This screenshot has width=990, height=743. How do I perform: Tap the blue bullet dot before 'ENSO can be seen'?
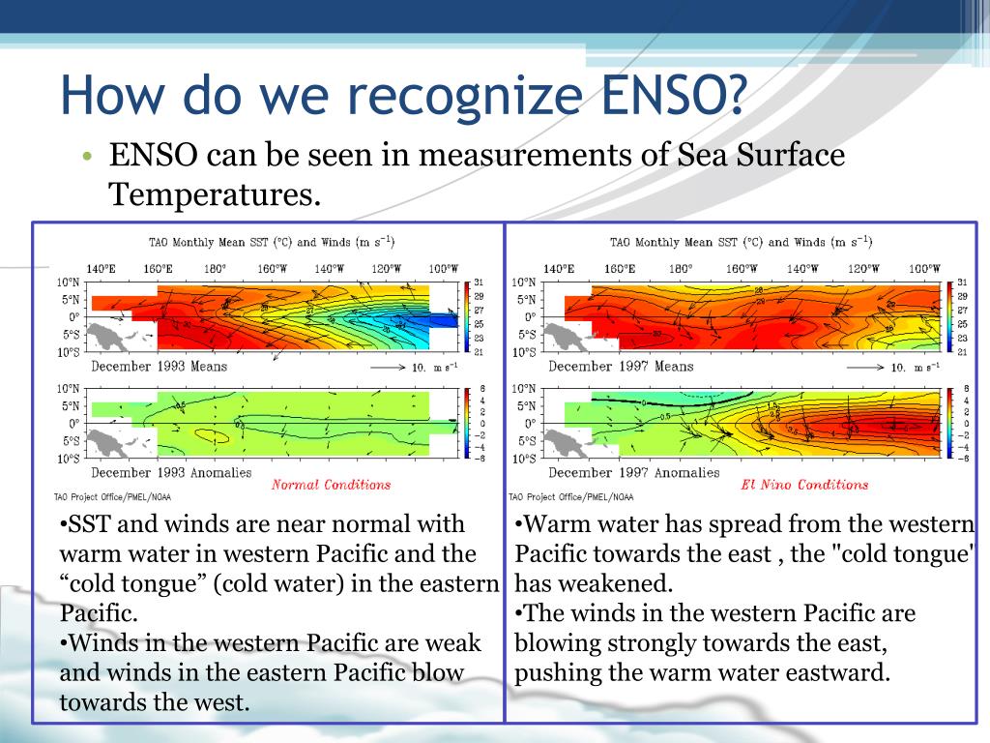[x=87, y=157]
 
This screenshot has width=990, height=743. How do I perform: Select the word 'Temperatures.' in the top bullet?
[x=214, y=194]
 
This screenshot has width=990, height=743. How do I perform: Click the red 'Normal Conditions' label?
[x=331, y=485]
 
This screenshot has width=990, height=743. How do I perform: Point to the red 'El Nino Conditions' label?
[x=804, y=485]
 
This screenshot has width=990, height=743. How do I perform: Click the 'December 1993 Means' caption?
[x=160, y=367]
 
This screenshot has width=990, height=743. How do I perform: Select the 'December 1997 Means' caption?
[x=621, y=367]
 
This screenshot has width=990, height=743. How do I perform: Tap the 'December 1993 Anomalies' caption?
[x=171, y=473]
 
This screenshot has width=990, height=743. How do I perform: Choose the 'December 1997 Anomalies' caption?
[x=633, y=473]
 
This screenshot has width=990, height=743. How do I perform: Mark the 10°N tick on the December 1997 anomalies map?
[x=525, y=389]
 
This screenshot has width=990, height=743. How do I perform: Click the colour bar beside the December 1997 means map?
[x=947, y=316]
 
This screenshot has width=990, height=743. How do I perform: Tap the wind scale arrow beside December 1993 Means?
[x=391, y=368]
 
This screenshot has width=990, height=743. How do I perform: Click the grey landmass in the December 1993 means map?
[x=113, y=336]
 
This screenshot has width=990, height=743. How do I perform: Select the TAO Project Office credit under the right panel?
[x=571, y=497]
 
